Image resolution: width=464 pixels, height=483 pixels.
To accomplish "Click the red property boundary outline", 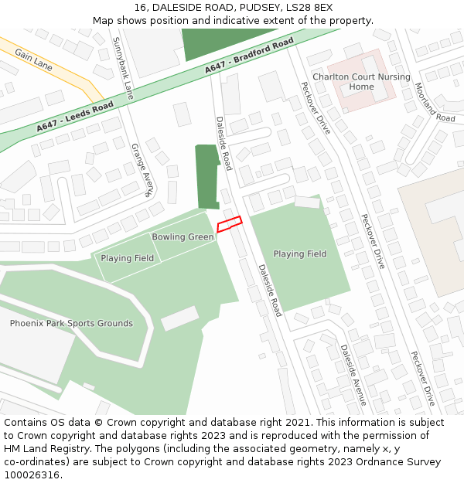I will [x=229, y=224].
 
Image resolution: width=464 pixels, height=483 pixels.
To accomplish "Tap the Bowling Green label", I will [x=183, y=236].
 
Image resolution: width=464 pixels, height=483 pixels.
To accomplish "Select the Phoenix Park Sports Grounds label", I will [x=71, y=323].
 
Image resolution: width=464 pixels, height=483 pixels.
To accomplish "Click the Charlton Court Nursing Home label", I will [x=361, y=82].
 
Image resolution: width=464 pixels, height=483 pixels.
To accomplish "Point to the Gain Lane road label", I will [x=33, y=61].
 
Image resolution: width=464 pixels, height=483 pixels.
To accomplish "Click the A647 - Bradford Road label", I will [x=249, y=56].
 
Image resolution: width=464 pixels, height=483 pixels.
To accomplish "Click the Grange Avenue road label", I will [x=142, y=170].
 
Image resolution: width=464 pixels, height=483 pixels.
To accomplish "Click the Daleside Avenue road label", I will [x=353, y=375].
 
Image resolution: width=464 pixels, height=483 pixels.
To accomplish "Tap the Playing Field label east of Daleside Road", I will [x=300, y=253].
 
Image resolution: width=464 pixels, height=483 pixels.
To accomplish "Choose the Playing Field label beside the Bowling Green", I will [x=128, y=258].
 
